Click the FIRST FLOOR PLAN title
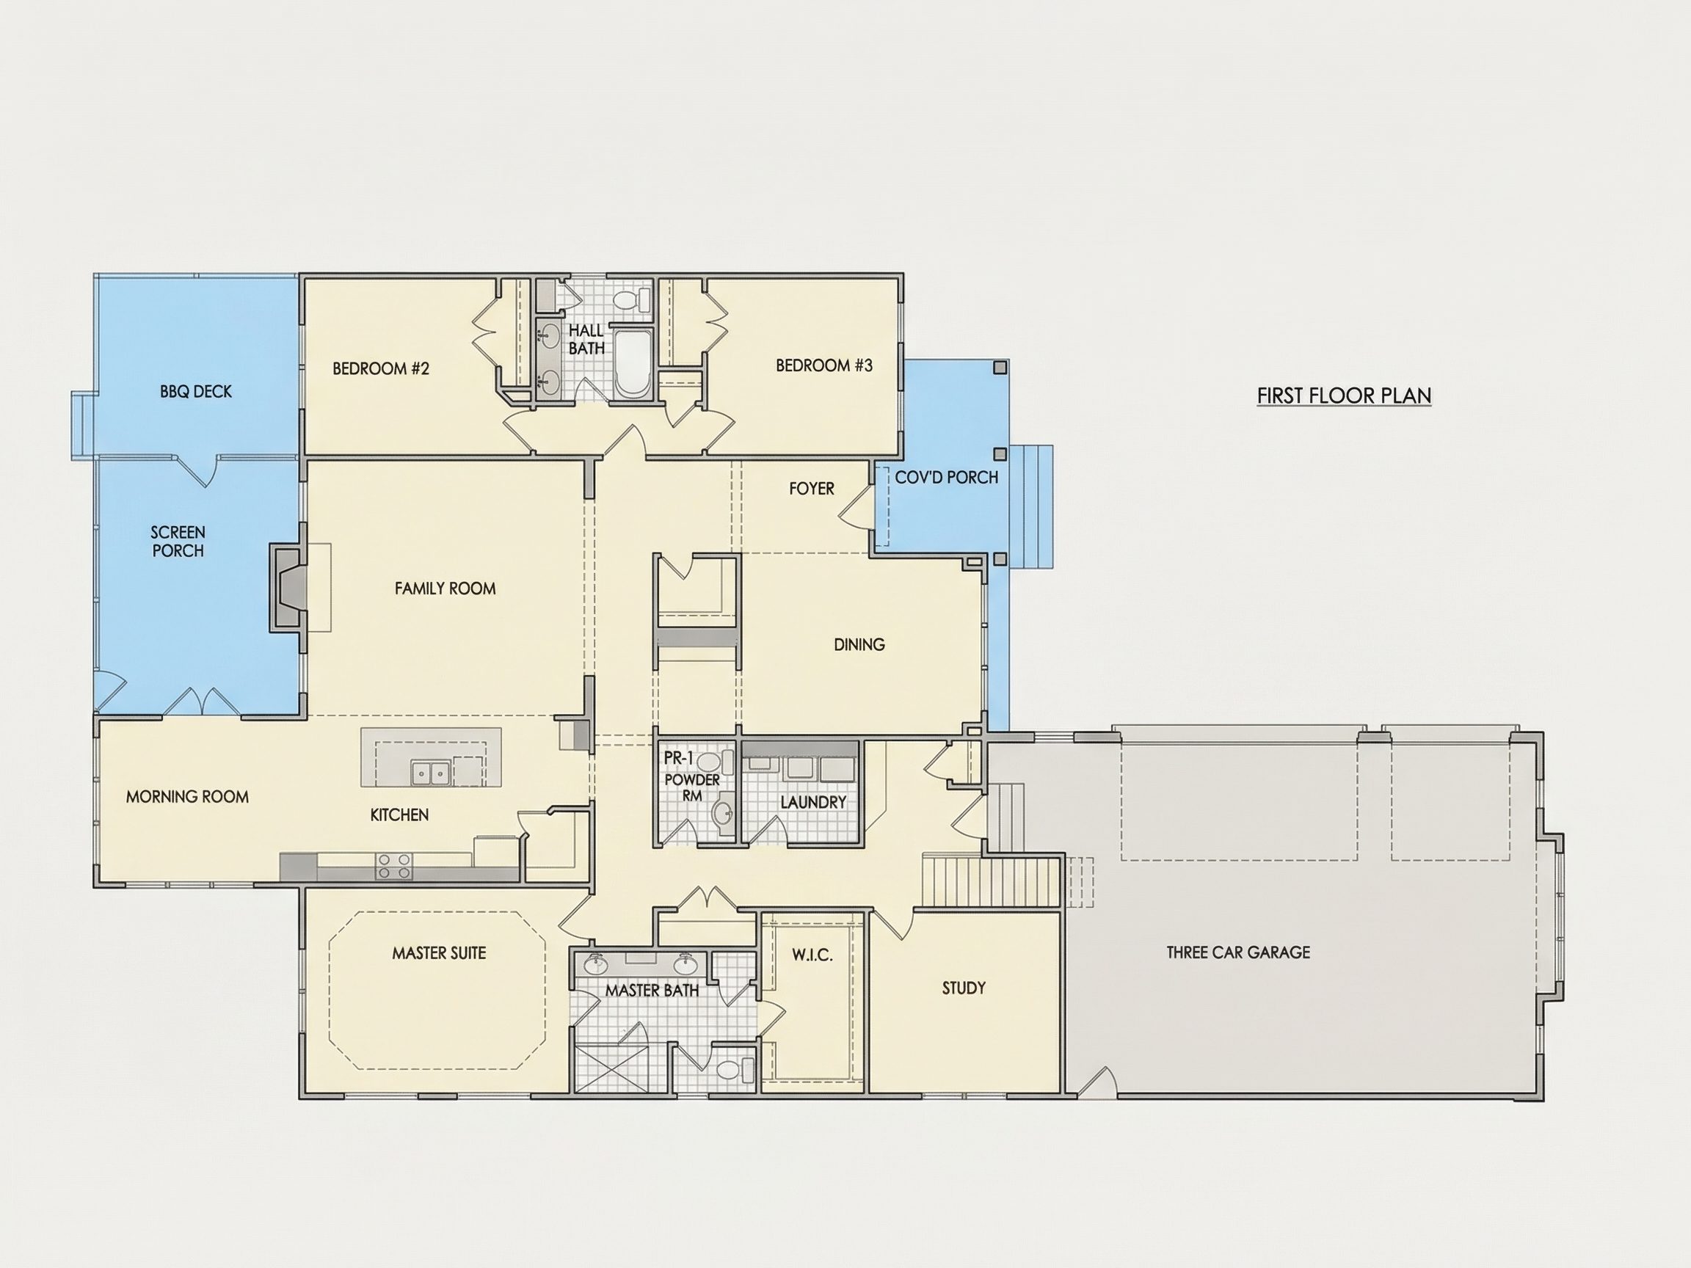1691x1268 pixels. pyautogui.click(x=1344, y=396)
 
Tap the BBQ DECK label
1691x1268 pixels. pyautogui.click(x=196, y=391)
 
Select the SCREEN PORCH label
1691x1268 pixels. pyautogui.click(x=178, y=541)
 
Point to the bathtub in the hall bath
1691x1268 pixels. pyautogui.click(x=632, y=364)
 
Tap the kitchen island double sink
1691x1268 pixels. pyautogui.click(x=431, y=773)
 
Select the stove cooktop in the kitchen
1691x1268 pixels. pyautogui.click(x=393, y=866)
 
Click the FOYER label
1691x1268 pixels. pyautogui.click(x=812, y=489)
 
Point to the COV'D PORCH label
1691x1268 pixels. pyautogui.click(x=946, y=478)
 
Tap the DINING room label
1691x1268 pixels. pyautogui.click(x=859, y=644)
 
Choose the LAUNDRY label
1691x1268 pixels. pyautogui.click(x=813, y=803)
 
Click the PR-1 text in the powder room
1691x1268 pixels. pyautogui.click(x=678, y=759)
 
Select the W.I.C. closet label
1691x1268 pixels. pyautogui.click(x=812, y=955)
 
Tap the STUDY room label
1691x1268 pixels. pyautogui.click(x=964, y=988)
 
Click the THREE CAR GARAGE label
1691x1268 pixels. pyautogui.click(x=1238, y=952)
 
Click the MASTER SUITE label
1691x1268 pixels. pyautogui.click(x=439, y=953)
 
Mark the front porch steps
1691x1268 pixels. pyautogui.click(x=1031, y=506)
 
